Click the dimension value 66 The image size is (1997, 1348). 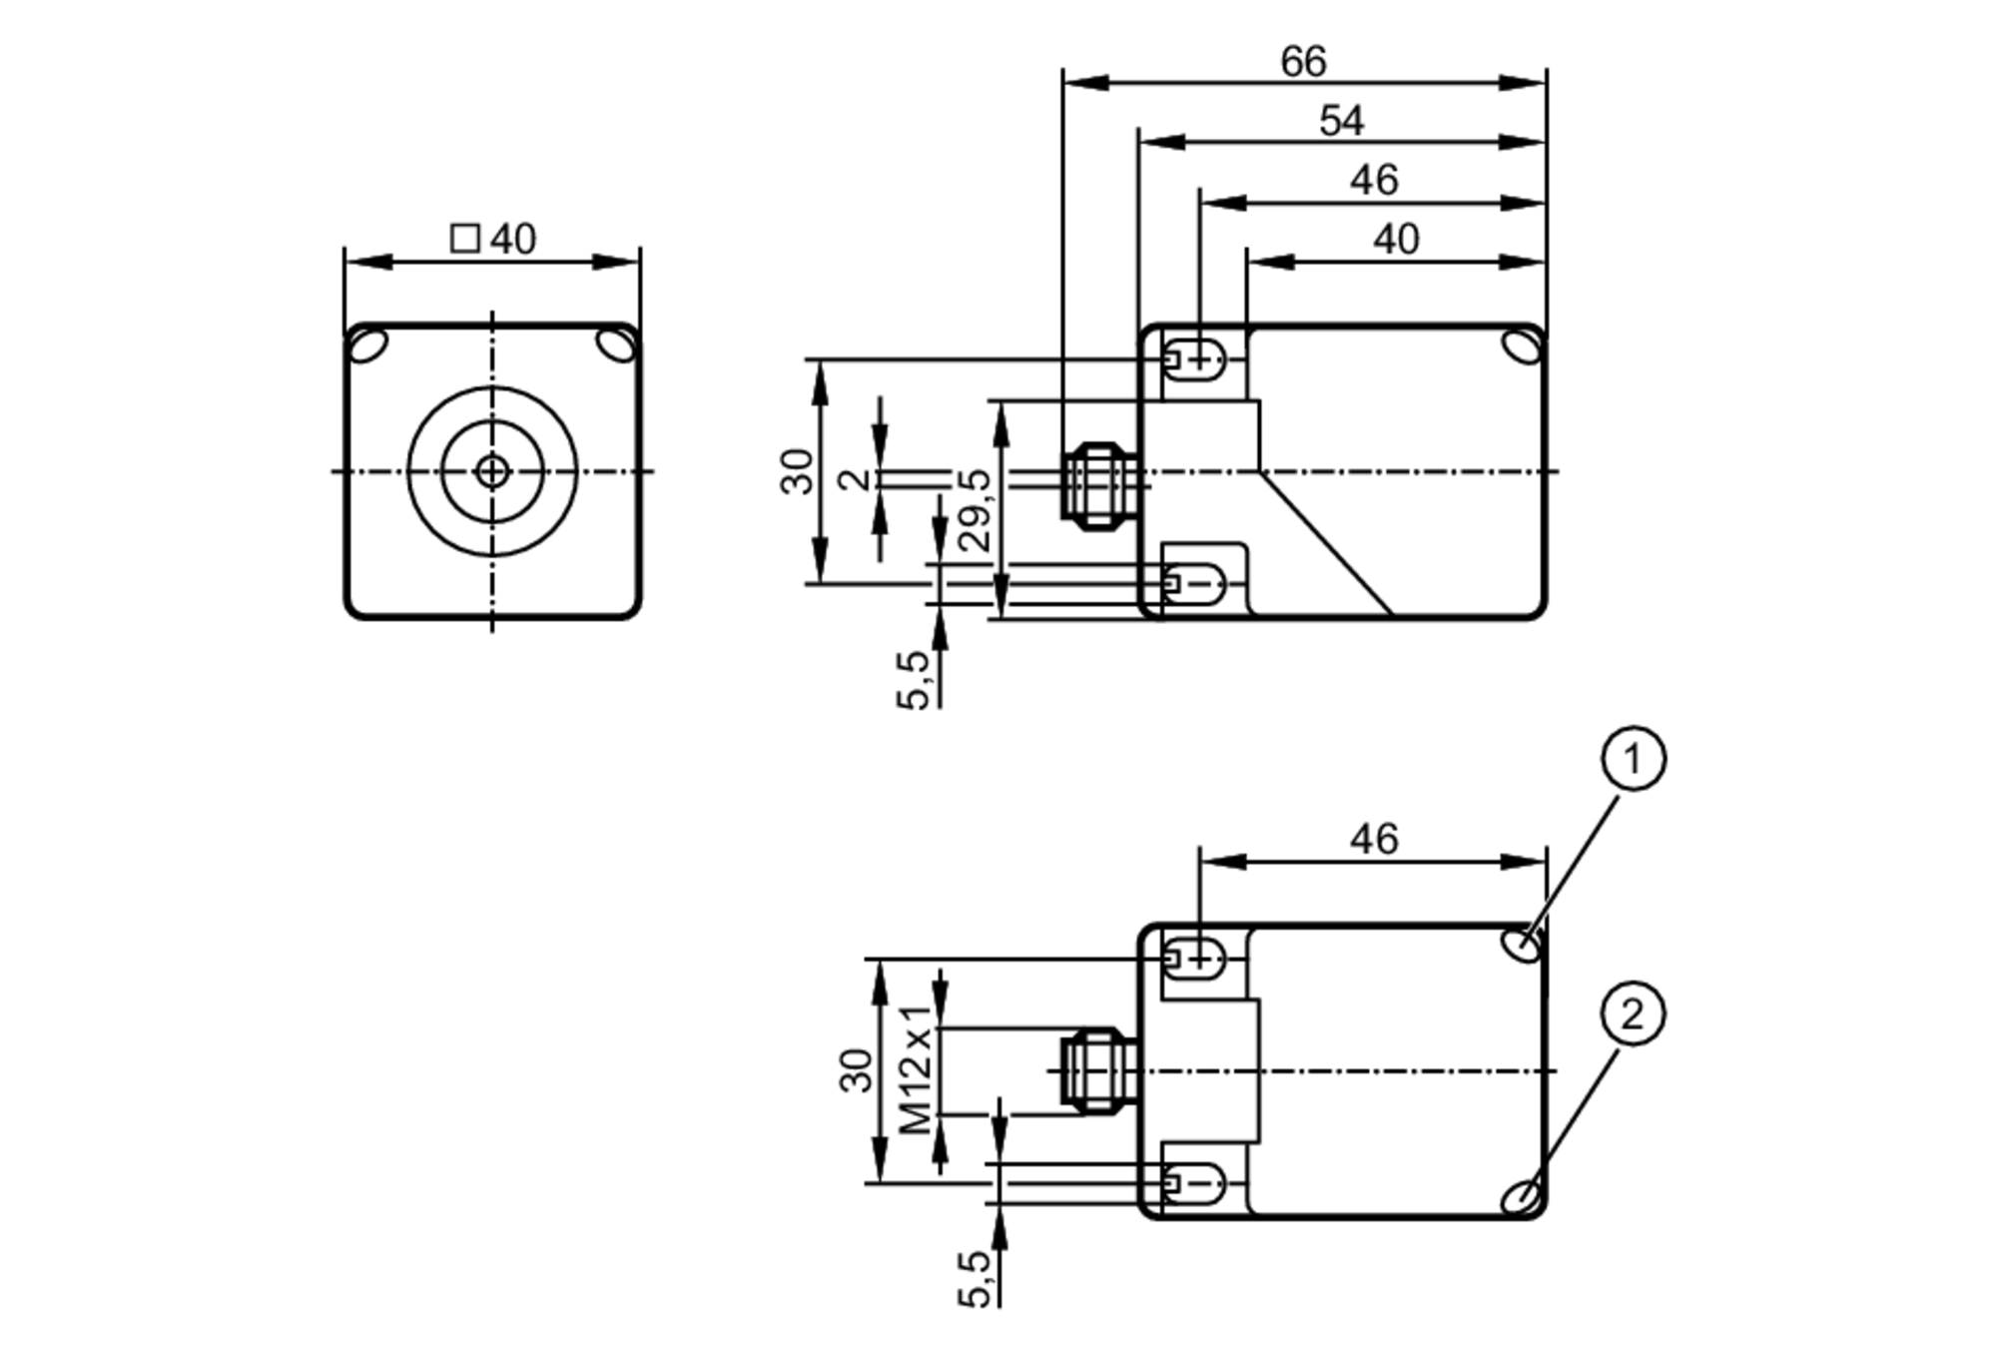(1303, 62)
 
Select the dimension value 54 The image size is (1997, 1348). (1340, 121)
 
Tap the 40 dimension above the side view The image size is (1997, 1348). (1395, 240)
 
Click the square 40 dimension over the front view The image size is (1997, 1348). (493, 240)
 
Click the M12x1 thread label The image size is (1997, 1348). (917, 1068)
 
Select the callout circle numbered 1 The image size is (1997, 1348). (1633, 760)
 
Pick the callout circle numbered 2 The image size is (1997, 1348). (1633, 1015)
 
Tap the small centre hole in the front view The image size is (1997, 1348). (492, 471)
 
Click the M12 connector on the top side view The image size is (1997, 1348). (1098, 486)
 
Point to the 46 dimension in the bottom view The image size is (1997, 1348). (1374, 840)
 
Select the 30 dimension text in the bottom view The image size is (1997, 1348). (857, 1069)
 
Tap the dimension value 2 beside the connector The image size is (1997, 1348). (855, 478)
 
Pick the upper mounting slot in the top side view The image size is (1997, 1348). (1195, 358)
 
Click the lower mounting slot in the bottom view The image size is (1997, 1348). (1195, 1183)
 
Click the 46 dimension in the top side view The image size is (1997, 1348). (1374, 181)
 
